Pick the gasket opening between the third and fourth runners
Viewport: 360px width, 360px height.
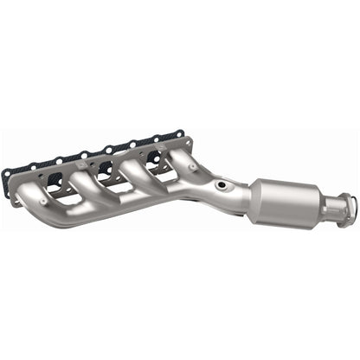(147, 159)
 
